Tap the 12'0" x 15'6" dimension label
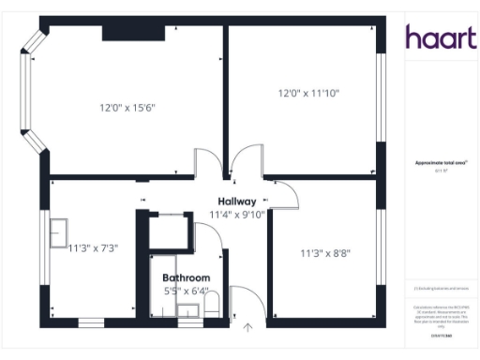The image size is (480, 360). point(127,108)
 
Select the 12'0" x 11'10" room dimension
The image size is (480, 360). point(308,94)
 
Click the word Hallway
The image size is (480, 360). point(237,202)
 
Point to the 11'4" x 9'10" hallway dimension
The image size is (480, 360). point(238,215)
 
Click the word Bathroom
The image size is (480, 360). point(186,278)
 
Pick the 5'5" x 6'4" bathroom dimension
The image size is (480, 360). point(187,292)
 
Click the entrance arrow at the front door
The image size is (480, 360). point(247,327)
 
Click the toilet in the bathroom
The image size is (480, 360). point(211,307)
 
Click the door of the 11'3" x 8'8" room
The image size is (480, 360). point(284,192)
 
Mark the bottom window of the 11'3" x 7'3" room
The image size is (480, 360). point(91,322)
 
